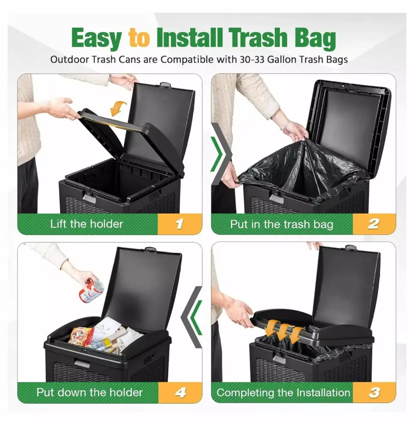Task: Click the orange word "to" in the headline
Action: pyautogui.click(x=139, y=38)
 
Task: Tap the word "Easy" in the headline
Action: pyautogui.click(x=97, y=39)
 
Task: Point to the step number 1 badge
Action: pyautogui.click(x=180, y=224)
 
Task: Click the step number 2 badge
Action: pyautogui.click(x=374, y=224)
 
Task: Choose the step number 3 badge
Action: pyautogui.click(x=374, y=392)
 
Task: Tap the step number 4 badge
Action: pyautogui.click(x=180, y=392)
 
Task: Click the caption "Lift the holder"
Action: pyautogui.click(x=87, y=224)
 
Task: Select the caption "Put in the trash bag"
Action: pyautogui.click(x=282, y=224)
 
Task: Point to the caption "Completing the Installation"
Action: pyautogui.click(x=283, y=393)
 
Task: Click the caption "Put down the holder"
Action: pyautogui.click(x=90, y=392)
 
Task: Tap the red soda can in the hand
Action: pyautogui.click(x=91, y=289)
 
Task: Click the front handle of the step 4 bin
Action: pyautogui.click(x=82, y=363)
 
